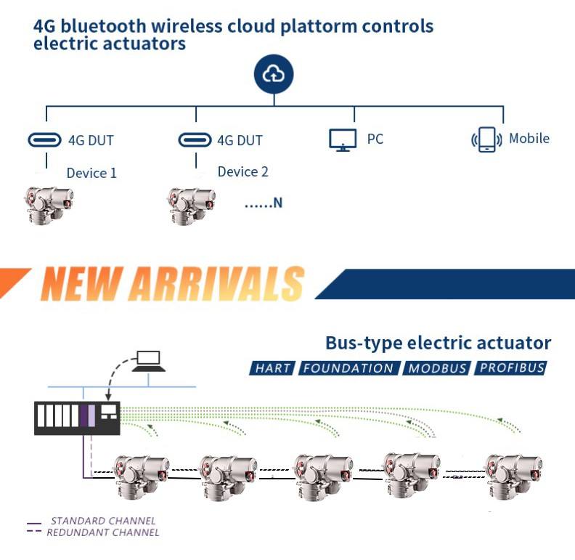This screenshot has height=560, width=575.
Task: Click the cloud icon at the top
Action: click(x=274, y=74)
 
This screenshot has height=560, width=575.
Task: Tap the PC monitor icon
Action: click(x=343, y=139)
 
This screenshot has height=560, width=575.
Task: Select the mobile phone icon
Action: click(x=486, y=139)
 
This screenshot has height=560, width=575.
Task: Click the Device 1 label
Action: click(x=91, y=173)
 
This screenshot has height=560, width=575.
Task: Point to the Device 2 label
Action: click(x=242, y=171)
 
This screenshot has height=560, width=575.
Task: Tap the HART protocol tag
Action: click(x=272, y=368)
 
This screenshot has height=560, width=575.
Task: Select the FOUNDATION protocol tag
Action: click(x=348, y=368)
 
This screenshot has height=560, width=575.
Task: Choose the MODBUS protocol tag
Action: click(x=437, y=368)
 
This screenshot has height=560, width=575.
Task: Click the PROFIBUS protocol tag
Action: click(x=511, y=368)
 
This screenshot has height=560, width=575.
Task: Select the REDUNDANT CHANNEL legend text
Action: click(x=102, y=532)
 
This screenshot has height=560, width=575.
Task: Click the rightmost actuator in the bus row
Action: click(x=513, y=476)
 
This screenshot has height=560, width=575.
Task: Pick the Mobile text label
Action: click(x=529, y=138)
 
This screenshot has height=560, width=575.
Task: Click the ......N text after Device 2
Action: click(x=263, y=203)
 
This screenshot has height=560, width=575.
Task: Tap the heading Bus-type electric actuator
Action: click(x=438, y=343)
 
